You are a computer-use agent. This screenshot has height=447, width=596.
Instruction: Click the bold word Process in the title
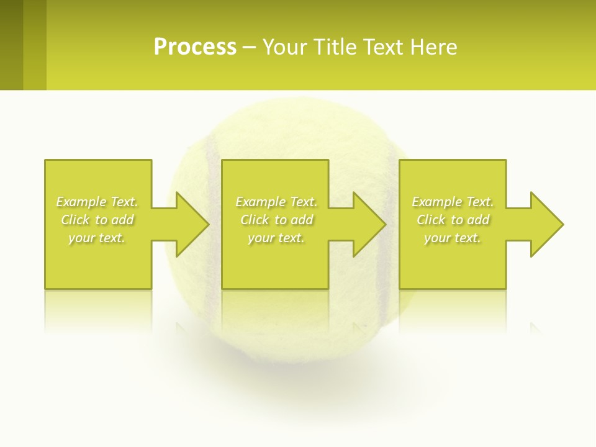click(x=195, y=47)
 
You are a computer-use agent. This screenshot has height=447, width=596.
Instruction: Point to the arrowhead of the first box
click(x=192, y=224)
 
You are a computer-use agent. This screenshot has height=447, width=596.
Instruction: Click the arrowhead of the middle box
click(x=369, y=224)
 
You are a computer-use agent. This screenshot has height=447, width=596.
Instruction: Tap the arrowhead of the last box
click(x=547, y=224)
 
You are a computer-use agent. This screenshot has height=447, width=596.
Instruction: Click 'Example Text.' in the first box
click(x=97, y=202)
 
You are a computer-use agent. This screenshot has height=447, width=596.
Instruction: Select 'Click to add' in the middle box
click(x=276, y=220)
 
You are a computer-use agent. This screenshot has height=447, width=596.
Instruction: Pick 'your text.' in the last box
click(x=453, y=238)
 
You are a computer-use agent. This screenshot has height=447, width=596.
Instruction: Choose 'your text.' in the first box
click(x=97, y=238)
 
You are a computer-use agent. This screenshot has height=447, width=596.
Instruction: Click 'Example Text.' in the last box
click(x=453, y=202)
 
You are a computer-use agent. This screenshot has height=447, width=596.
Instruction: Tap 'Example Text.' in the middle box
click(x=276, y=202)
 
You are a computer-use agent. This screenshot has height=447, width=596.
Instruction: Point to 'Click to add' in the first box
click(x=97, y=220)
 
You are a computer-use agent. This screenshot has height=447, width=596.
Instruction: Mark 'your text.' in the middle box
click(x=276, y=238)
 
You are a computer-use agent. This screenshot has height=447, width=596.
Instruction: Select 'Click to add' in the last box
click(x=453, y=220)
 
